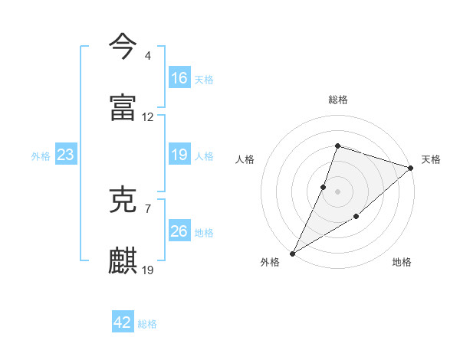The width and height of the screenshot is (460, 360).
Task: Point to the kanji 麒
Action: [123, 260]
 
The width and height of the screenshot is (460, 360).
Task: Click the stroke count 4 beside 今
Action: [147, 56]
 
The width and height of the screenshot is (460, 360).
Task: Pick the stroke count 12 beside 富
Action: [148, 117]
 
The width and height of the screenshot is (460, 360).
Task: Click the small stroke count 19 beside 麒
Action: [148, 270]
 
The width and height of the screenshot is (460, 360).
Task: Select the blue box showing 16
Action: [179, 78]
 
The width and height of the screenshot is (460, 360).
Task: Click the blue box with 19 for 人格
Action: [179, 155]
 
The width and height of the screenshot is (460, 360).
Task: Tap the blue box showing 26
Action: [179, 231]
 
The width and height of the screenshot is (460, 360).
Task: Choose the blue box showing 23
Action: [66, 155]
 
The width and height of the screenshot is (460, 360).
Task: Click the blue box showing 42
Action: [123, 323]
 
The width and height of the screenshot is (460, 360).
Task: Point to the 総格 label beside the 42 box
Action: [147, 324]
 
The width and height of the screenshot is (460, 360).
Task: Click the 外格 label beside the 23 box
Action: [41, 155]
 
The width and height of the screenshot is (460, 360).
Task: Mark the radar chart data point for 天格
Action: [411, 169]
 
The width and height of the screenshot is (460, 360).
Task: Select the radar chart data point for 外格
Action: [292, 253]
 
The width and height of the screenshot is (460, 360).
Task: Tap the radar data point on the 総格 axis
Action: [337, 146]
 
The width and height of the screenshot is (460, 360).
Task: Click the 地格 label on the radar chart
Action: [402, 263]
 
